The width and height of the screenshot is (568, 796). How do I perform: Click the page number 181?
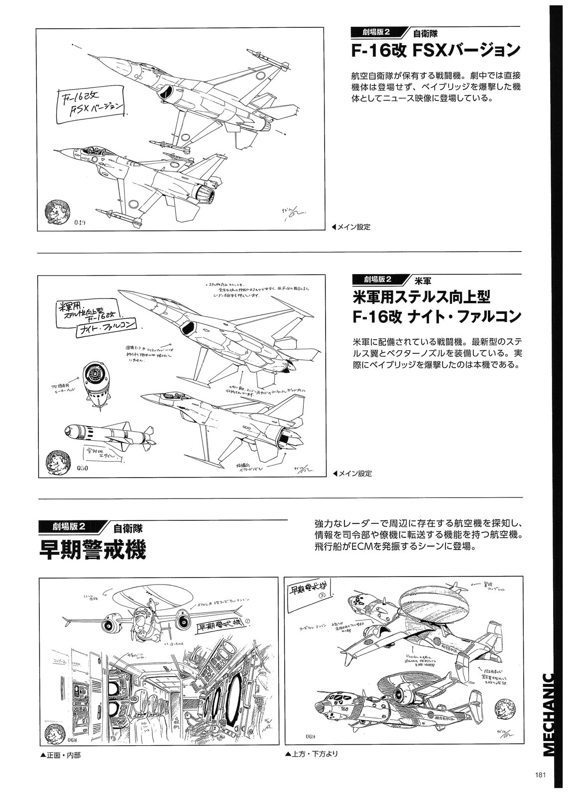pos(542,774)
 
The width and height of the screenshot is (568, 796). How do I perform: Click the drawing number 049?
pos(80,222)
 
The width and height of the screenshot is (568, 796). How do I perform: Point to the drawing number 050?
pos(83,468)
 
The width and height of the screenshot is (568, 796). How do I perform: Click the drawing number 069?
pos(308,737)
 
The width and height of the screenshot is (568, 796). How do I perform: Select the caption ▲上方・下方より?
pos(312,754)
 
